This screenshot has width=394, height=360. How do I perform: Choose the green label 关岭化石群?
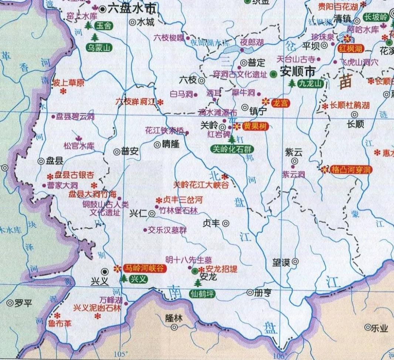(x=232, y=149)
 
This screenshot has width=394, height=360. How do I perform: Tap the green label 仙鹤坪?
(x=202, y=295)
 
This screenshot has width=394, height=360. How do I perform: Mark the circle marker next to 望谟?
(x=295, y=262)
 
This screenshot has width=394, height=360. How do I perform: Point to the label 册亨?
(x=263, y=292)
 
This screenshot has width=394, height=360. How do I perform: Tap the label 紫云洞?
(x=293, y=174)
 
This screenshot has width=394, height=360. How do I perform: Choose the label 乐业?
(x=380, y=327)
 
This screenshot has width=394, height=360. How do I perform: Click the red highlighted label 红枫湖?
(x=350, y=48)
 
